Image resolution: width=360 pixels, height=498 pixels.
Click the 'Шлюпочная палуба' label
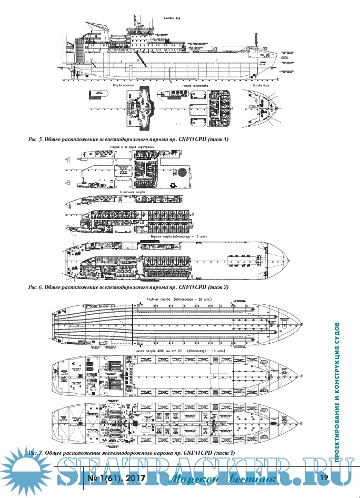129,193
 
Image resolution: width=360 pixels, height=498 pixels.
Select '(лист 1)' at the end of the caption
219,139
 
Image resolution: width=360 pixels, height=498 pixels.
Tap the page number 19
324,478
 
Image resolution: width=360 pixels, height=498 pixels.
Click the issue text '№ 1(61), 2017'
115,478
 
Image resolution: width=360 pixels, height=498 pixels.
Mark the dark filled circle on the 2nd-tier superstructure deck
181,171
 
